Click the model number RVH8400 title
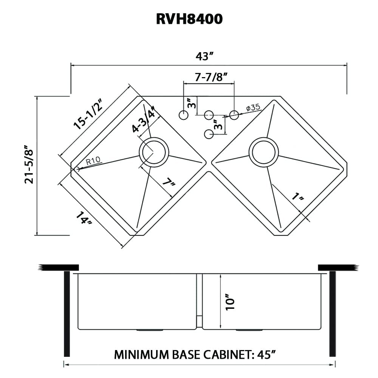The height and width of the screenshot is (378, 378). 189,19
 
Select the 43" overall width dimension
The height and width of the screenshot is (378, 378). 205,56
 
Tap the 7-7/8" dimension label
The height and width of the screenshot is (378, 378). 211,77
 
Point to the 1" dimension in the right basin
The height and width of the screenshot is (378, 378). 298,198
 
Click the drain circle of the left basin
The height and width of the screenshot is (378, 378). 153,152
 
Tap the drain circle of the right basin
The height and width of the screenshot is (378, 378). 264,150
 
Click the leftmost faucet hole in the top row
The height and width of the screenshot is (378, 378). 183,115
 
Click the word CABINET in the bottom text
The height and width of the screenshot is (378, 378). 224,355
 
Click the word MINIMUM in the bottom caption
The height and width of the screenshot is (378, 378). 139,355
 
